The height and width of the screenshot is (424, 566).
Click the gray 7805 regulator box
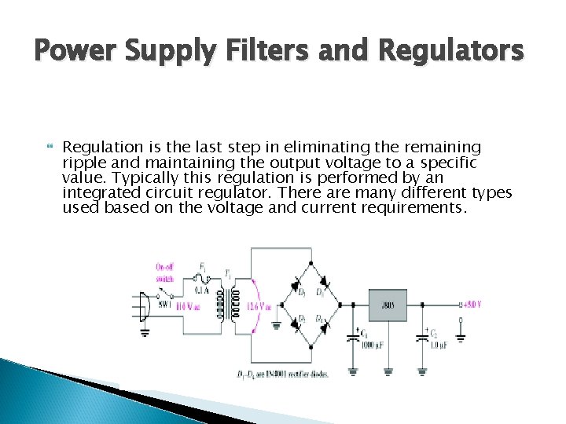click(x=388, y=305)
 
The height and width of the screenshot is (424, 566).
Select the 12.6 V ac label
click(x=259, y=305)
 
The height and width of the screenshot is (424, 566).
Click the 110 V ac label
click(x=188, y=305)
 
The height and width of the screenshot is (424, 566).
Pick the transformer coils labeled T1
click(x=230, y=302)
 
